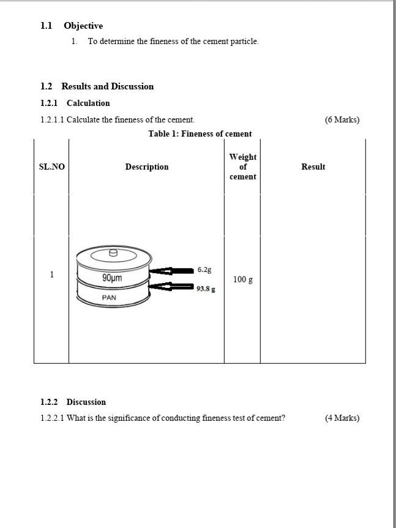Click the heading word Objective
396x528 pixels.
[83, 26]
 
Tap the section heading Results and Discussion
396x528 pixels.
[107, 86]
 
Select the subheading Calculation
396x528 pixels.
[88, 103]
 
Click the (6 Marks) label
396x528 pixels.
[342, 119]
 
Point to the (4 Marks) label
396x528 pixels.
[342, 418]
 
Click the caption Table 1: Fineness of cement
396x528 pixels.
[200, 134]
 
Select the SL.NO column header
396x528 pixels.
[51, 167]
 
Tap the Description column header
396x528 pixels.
[147, 167]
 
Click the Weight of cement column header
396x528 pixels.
[243, 167]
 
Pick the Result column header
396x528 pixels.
[313, 167]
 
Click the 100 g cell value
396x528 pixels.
[243, 280]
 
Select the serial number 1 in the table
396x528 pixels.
[52, 274]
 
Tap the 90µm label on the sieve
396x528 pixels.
[112, 278]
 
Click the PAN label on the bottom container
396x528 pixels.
[109, 298]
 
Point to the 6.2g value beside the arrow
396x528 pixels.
[204, 270]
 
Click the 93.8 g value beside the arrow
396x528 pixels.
[206, 289]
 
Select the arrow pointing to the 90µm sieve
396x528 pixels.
[171, 271]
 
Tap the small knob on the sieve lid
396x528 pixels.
[113, 252]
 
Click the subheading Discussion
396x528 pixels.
[86, 402]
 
